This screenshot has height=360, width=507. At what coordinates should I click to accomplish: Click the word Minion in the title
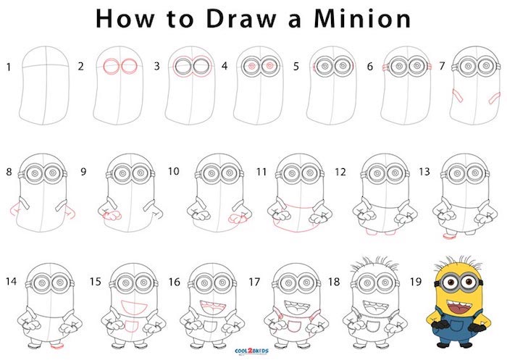point(362,18)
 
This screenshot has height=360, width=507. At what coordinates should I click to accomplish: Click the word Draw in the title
point(241,19)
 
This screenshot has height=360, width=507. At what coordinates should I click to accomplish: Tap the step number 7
point(442,67)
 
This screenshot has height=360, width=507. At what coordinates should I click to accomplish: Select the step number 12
point(340,172)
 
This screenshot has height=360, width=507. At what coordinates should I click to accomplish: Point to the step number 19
point(416,282)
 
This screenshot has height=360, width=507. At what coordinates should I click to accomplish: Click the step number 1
point(9,67)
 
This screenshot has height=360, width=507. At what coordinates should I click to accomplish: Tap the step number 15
point(96,282)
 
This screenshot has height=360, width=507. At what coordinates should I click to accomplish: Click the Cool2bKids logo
point(251,351)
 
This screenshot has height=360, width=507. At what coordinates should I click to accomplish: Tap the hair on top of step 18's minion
point(374,263)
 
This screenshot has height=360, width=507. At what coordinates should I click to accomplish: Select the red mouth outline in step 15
point(134,306)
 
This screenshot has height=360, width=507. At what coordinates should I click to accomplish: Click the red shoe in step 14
point(57,346)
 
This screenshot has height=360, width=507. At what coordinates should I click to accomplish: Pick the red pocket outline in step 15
point(131,326)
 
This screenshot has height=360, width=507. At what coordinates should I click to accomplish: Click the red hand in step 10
point(238,219)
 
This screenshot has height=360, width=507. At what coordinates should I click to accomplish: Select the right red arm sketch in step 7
point(495,98)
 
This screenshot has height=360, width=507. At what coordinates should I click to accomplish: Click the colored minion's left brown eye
point(449,282)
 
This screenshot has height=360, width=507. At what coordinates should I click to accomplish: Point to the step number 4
point(225,67)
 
